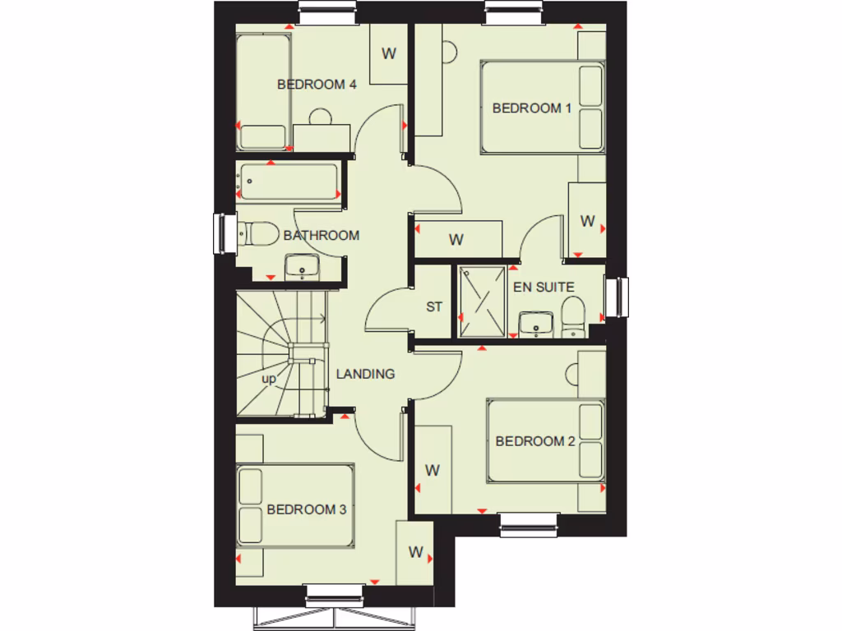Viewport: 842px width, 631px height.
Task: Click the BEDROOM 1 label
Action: point(531,108)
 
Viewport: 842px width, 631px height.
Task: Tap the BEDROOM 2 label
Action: point(534,441)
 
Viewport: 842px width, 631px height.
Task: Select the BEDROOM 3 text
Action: point(306,509)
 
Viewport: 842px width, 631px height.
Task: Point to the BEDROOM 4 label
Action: point(317,84)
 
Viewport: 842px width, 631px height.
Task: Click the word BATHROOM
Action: point(321,235)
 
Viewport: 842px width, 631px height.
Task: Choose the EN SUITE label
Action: point(544,287)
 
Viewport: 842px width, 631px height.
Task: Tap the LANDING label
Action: point(365,374)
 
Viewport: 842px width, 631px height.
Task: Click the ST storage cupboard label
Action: point(434,306)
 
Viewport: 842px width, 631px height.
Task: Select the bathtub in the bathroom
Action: point(289,182)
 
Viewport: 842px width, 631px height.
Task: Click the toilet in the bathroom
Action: point(257,235)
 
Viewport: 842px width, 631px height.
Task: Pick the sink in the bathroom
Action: point(302,266)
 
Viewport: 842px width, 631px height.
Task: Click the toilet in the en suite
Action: point(573,317)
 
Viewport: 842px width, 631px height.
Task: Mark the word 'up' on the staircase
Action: point(269,380)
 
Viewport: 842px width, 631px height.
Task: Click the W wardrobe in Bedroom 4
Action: point(388,54)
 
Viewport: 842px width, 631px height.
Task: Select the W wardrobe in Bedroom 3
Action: point(415,552)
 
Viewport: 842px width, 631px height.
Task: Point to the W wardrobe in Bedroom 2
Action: point(433,470)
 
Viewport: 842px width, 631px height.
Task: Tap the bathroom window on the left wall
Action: point(220,234)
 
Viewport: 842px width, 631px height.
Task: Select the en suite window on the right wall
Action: point(622,297)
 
